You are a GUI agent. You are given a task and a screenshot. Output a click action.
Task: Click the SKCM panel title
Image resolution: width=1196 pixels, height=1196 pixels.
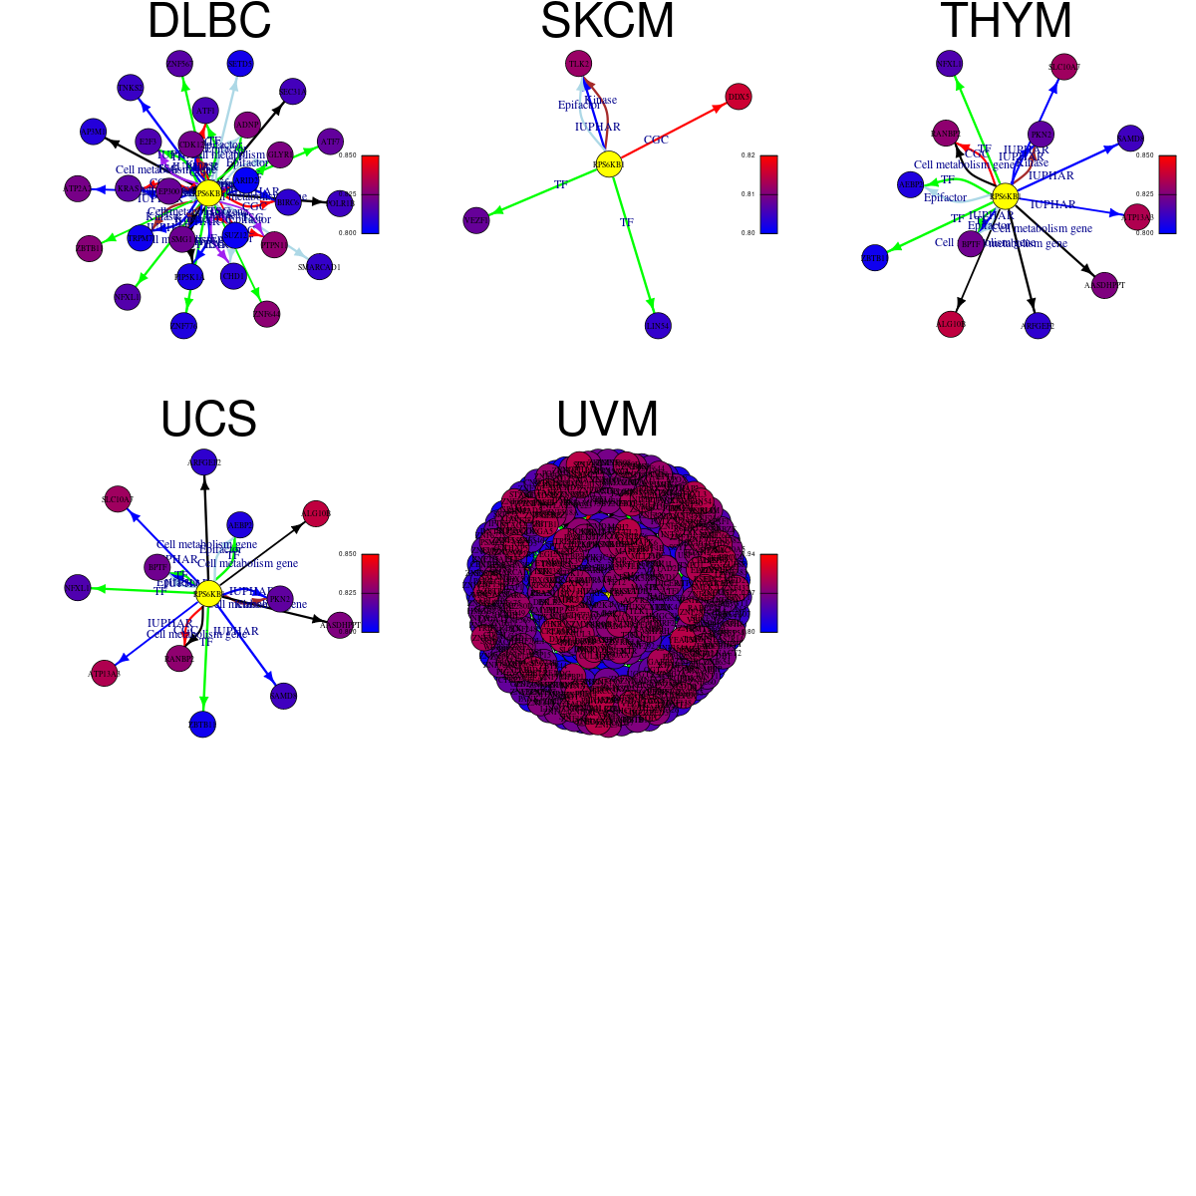pos(607,22)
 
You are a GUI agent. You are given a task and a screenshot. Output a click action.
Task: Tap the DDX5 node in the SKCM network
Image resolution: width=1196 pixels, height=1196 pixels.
pos(739,97)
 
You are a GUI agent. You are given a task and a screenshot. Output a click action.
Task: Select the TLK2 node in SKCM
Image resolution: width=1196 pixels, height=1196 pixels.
pos(578,64)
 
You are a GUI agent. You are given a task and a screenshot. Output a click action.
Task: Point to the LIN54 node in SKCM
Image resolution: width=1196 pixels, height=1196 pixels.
pos(658,326)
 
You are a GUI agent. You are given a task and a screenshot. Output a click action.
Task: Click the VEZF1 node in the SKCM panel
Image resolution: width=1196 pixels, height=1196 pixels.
pos(476,220)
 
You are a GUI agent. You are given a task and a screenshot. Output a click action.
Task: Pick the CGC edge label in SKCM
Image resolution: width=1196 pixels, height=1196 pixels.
pos(656,141)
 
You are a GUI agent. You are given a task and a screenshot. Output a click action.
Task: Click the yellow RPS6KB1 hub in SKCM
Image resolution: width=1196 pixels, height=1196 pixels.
pos(609,164)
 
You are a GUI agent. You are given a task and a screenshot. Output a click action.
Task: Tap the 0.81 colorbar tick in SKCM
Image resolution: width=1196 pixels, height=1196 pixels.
pos(748,194)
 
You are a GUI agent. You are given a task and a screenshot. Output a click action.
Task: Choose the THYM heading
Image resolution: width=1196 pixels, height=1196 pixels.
pos(1006,22)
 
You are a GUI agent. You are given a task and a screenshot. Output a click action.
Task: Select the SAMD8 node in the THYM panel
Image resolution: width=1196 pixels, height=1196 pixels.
pos(1130,139)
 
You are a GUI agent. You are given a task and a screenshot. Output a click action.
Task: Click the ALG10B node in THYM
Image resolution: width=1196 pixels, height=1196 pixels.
pos(951,324)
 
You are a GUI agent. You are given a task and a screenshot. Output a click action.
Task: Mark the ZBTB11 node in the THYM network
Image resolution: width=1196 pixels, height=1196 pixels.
pos(874,258)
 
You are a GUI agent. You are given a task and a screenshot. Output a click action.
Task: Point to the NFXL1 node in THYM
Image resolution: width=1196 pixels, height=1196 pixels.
pos(950,64)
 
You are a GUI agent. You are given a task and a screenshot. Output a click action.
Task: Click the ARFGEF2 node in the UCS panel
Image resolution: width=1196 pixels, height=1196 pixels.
pos(204,463)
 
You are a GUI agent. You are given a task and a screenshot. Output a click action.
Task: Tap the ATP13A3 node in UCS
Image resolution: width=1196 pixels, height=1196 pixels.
pos(105,674)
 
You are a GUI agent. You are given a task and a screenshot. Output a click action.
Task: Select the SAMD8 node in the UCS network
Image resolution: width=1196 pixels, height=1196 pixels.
pos(284,697)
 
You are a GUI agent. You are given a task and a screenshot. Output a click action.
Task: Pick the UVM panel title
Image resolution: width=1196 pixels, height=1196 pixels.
pos(607,420)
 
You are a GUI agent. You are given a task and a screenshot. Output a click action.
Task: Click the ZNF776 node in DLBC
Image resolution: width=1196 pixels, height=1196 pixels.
pos(183,325)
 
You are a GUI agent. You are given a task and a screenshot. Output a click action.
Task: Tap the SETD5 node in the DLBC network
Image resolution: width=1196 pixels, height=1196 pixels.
pos(240,64)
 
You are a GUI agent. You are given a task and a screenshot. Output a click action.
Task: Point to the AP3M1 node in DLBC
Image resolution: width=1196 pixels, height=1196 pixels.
pos(93,132)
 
